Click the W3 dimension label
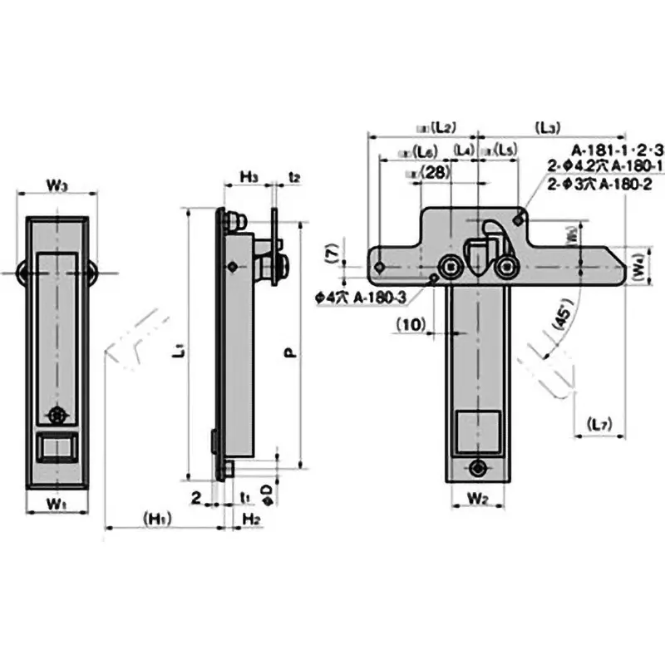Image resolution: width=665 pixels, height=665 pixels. click(x=57, y=185)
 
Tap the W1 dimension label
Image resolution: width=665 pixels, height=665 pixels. click(x=55, y=504)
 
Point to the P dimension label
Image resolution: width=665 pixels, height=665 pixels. click(x=290, y=352)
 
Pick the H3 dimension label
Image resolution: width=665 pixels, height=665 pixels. click(x=249, y=176)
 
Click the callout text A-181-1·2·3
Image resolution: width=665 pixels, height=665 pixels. click(x=618, y=150)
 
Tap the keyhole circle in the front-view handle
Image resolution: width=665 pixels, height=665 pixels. click(x=57, y=415)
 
